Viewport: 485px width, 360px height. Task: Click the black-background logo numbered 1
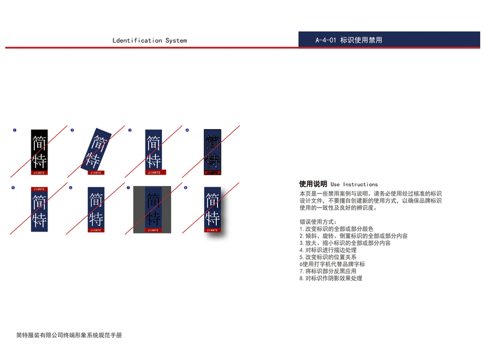39,151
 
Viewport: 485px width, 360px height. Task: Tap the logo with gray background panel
152,209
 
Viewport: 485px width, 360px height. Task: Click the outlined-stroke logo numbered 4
212,151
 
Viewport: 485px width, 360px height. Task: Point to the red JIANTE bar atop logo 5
39,189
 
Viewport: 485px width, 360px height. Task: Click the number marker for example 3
130,130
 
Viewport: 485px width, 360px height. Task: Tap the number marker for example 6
70,188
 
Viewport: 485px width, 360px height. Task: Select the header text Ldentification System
149,41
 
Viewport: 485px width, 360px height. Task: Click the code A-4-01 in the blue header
325,41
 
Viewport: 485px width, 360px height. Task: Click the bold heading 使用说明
313,184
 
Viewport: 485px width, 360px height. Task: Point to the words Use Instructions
354,184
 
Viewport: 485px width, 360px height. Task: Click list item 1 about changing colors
336,229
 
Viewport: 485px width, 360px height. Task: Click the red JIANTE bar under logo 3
154,172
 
